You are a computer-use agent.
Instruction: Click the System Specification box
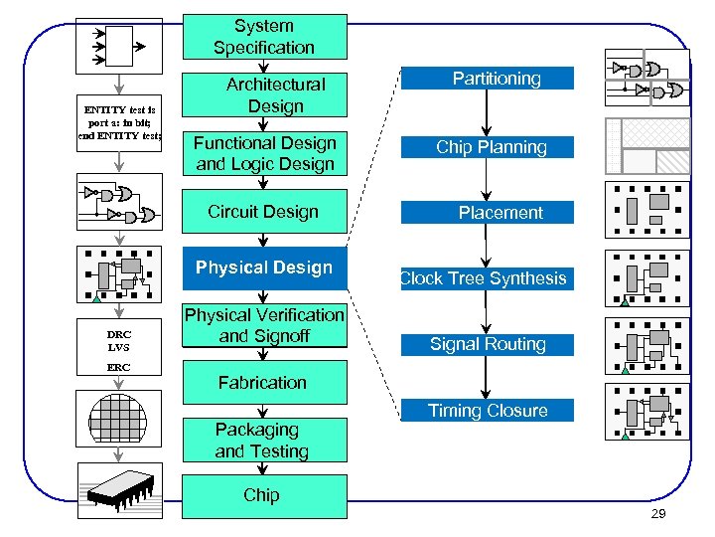coord(263,37)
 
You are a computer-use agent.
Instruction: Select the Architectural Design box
coord(263,95)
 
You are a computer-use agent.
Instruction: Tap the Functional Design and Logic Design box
coord(264,153)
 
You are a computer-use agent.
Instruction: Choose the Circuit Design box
coord(263,212)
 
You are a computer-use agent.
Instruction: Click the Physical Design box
coord(264,268)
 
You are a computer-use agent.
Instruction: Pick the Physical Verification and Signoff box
coord(264,325)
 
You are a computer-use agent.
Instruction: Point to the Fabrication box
coord(263,383)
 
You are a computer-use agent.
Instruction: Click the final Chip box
coord(263,495)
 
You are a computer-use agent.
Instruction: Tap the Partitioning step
coord(487,79)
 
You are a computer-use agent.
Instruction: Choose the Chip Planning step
coord(487,147)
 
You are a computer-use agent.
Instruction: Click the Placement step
coord(487,213)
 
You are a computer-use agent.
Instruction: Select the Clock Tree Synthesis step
coord(487,278)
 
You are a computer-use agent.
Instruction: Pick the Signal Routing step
coord(487,344)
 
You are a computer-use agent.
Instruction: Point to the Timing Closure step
coord(487,410)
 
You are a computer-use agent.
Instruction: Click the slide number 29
coord(657,513)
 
